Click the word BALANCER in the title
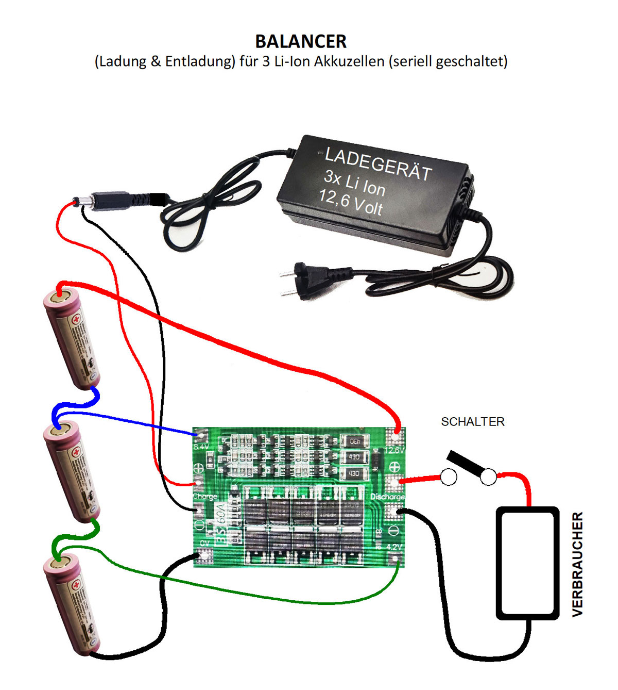pos(301,41)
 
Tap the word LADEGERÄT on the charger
pos(378,165)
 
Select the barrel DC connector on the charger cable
pos(108,200)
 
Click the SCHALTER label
pos(472,422)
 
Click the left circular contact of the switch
pos(448,477)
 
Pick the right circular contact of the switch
pos(488,478)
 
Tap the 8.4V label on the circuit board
pos(201,446)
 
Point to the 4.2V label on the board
pos(394,547)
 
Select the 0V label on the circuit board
pos(204,543)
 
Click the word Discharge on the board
pos(387,497)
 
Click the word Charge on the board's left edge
pos(205,496)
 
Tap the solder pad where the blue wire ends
pos(198,435)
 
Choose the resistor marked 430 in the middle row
pos(354,457)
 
